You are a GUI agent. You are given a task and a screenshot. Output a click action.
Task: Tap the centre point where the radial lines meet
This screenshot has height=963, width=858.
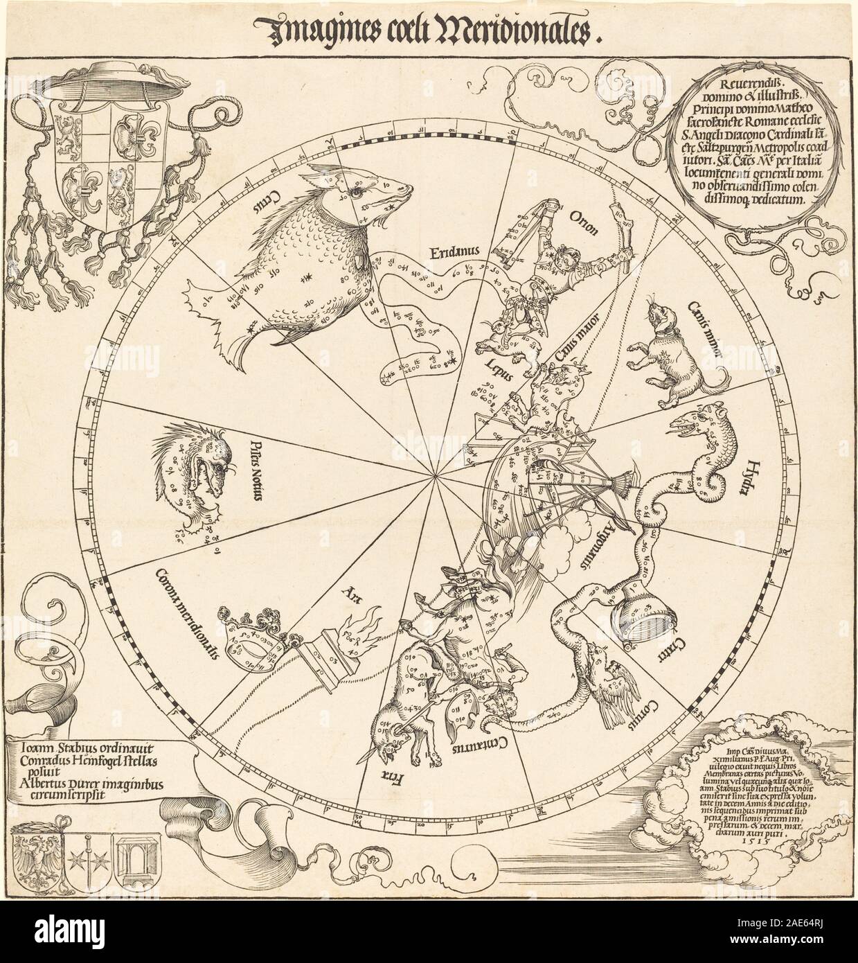point(434,476)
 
